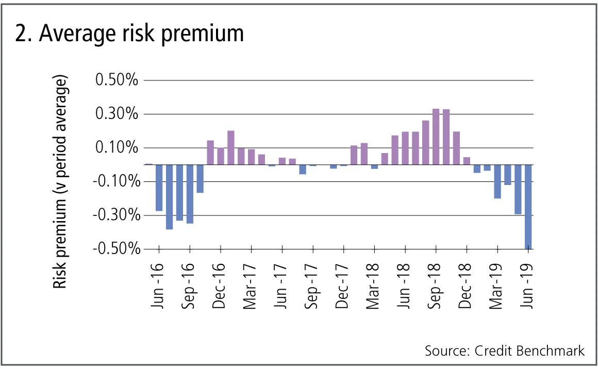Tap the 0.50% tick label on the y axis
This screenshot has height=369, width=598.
pos(117,81)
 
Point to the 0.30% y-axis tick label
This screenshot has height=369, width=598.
pos(117,114)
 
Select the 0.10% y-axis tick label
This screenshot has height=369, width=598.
pos(117,148)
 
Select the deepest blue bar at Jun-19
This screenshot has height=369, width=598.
pos(528,207)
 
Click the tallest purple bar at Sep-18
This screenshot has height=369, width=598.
pos(436,137)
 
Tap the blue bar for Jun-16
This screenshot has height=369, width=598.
pos(159,188)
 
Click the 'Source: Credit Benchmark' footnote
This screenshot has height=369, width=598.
pos(505,351)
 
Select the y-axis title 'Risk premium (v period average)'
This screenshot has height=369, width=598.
pos(61,183)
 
